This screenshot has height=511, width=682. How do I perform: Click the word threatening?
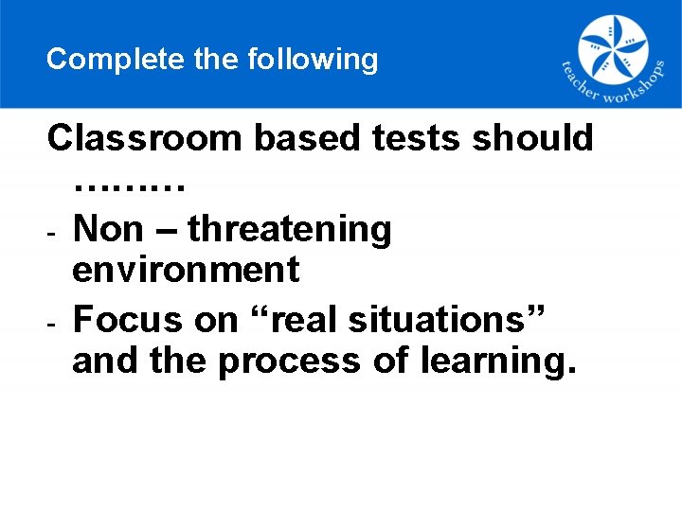click(x=289, y=229)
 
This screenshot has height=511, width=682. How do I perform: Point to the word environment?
click(x=186, y=271)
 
